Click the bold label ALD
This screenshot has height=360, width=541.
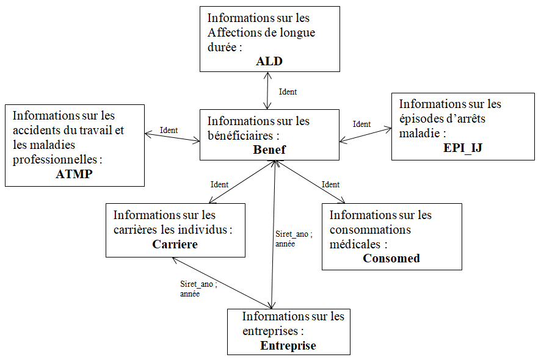pos(269,61)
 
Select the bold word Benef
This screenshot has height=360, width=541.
pos(269,149)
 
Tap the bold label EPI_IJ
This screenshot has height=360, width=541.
pos(463,148)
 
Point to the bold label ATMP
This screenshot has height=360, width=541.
pos(74,174)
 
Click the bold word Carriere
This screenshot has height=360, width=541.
pos(175,244)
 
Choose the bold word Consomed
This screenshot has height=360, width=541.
pos(391,258)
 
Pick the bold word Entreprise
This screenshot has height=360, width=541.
pos(288,345)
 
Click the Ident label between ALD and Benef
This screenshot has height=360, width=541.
pos(288,92)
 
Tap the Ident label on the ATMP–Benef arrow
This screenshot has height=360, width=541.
pos(169,130)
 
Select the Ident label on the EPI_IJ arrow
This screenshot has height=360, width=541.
pos(361,124)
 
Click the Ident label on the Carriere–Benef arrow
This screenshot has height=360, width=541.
pos(219,184)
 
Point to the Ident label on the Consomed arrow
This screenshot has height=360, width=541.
pos(330,184)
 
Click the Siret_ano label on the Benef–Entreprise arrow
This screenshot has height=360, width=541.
pos(292,234)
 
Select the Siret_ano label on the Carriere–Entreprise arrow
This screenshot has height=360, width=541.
pos(197,284)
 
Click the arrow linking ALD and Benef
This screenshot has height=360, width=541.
pos(267,91)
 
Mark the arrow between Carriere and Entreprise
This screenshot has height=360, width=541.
pos(222,283)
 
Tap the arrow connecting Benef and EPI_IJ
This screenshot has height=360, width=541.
pos(365,135)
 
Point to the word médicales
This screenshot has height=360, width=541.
pos(355,244)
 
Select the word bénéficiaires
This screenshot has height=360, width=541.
pos(240,135)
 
